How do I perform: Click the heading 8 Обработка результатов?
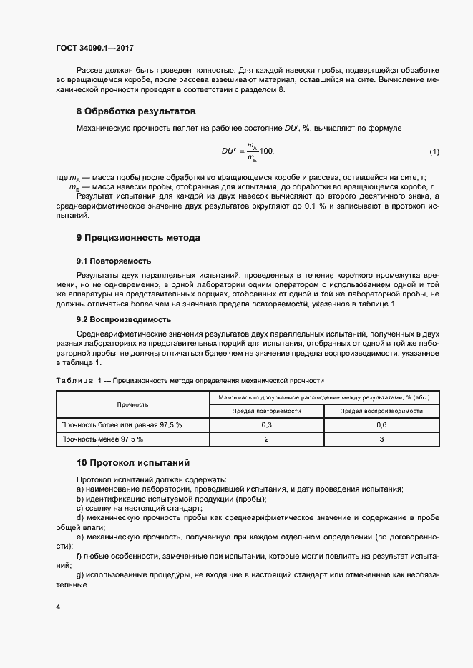[x=136, y=111]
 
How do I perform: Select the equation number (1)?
[x=434, y=151]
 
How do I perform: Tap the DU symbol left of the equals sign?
[x=228, y=151]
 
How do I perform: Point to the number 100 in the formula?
[x=266, y=151]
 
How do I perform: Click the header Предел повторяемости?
[x=266, y=412]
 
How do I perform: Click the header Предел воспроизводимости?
[x=381, y=412]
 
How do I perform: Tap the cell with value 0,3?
[x=266, y=425]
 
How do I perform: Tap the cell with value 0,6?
[x=381, y=425]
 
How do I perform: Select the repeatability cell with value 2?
[x=266, y=439]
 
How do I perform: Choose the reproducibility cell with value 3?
[x=381, y=439]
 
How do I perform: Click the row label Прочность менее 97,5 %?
[x=103, y=439]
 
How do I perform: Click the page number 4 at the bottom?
[x=58, y=607]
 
